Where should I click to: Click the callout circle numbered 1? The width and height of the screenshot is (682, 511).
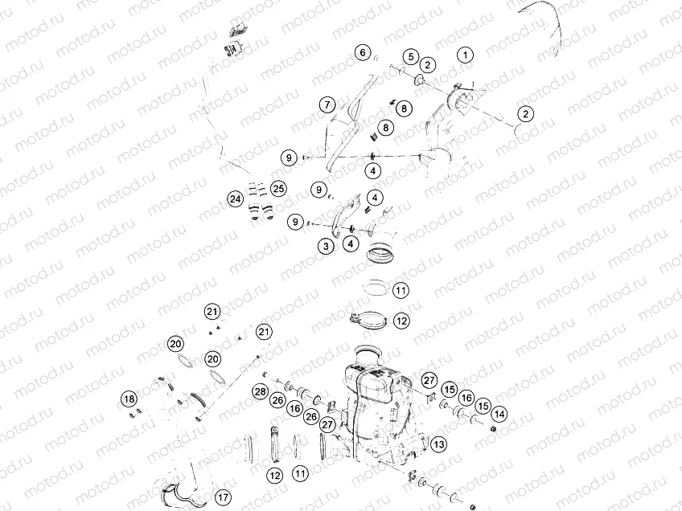[465, 55]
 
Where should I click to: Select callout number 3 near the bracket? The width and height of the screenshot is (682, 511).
[326, 246]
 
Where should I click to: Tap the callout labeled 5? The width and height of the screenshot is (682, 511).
[410, 56]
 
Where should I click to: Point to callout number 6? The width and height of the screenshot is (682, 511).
[364, 53]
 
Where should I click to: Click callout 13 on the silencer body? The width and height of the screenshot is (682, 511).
[438, 444]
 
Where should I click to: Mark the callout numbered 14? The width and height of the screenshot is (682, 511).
[500, 414]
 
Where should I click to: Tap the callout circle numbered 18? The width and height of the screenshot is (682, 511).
[129, 399]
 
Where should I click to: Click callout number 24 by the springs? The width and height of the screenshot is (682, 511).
[235, 198]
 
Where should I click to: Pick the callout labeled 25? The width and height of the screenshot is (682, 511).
[278, 189]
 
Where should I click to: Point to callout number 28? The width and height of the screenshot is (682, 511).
[260, 391]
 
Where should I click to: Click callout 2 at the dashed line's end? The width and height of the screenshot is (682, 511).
[524, 115]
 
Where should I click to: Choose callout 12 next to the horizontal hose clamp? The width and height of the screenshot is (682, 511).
[401, 320]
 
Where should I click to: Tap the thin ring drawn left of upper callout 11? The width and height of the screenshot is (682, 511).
[373, 287]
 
